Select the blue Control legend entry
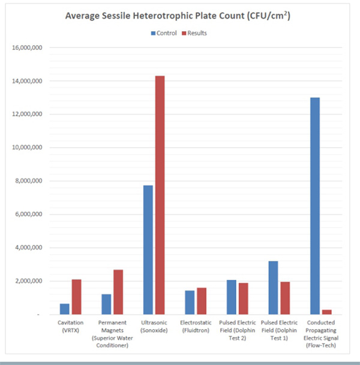pyautogui.click(x=164, y=33)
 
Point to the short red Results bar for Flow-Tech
pyautogui.click(x=326, y=312)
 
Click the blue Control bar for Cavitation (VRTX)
pyautogui.click(x=65, y=309)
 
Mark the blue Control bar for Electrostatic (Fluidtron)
pyautogui.click(x=190, y=302)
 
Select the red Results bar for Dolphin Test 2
pyautogui.click(x=243, y=298)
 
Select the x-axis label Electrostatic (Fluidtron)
pyautogui.click(x=195, y=327)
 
